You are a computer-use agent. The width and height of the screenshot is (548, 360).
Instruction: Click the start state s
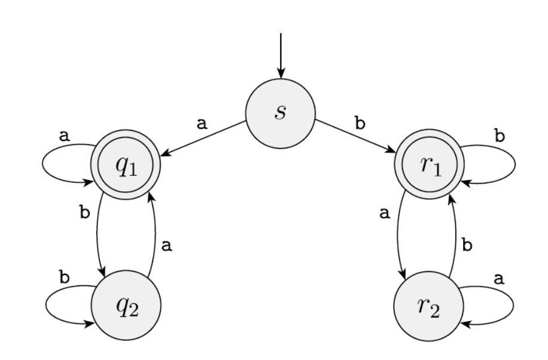point(280,113)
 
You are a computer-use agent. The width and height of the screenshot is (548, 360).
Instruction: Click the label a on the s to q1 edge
point(202,123)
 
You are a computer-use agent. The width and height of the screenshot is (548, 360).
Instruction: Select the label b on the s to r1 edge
point(359,124)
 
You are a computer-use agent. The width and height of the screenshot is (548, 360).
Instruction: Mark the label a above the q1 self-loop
point(63,136)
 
